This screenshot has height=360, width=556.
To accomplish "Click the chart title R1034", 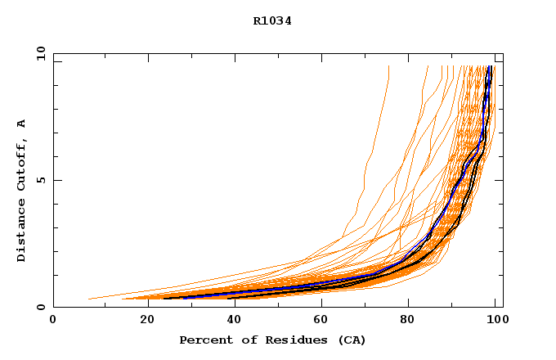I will (x=272, y=21).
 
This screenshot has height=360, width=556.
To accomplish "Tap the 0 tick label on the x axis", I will (x=53, y=321).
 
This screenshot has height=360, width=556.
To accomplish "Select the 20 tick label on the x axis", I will (x=142, y=321).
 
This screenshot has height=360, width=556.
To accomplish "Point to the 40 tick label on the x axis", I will (x=231, y=321).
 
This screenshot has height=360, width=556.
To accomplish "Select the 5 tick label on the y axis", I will (x=40, y=180).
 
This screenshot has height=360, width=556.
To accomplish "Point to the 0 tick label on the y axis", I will (x=40, y=307).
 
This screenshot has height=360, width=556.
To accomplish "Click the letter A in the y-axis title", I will (x=21, y=124).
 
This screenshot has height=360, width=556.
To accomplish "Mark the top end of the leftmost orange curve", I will (x=388, y=66).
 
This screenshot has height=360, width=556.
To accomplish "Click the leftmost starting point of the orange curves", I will (x=88, y=299).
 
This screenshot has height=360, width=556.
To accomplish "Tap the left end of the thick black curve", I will (x=165, y=299).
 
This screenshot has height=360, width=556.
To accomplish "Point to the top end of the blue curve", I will (x=488, y=66).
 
